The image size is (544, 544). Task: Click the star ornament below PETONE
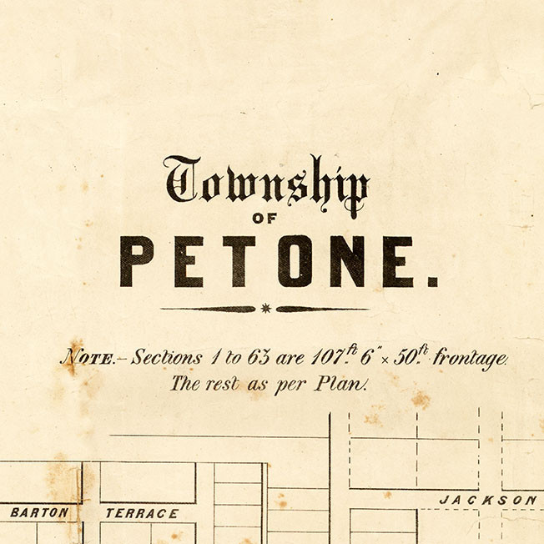coord(266,309)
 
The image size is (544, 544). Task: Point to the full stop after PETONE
coord(431,282)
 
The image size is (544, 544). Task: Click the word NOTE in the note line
coord(86,359)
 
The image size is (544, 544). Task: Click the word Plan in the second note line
coord(346,385)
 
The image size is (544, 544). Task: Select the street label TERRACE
coord(141,513)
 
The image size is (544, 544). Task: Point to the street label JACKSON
coord(489,500)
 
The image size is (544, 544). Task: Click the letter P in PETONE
coord(137,261)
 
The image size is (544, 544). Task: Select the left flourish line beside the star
coord(209,309)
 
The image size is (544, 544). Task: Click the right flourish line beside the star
coord(322,309)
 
